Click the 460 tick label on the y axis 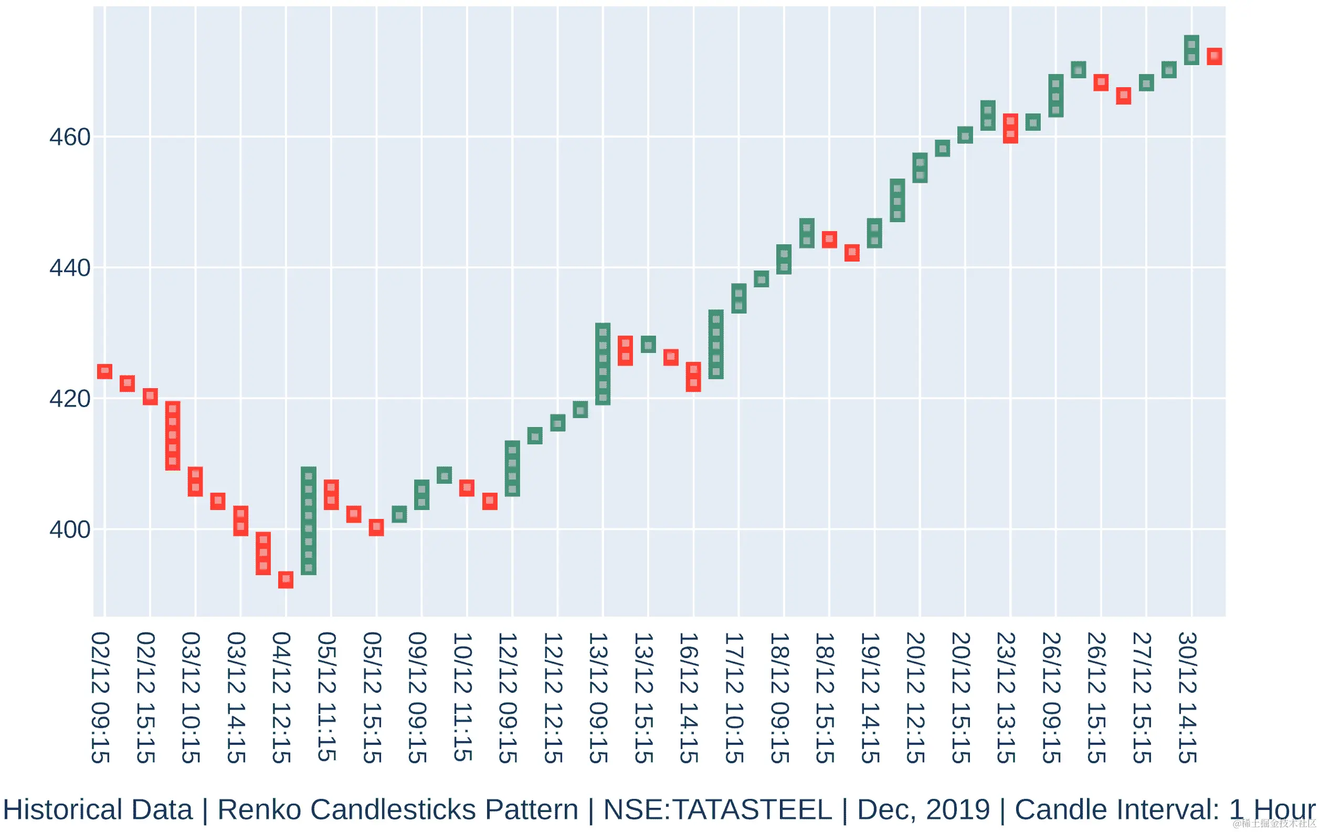[70, 137]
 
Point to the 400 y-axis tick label [70, 530]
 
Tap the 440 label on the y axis [70, 268]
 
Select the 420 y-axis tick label [70, 399]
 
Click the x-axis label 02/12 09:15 [100, 698]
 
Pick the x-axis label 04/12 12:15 [281, 698]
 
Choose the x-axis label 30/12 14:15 [1187, 698]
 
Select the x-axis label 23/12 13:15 [1007, 698]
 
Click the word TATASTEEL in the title [752, 809]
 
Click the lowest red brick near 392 [286, 580]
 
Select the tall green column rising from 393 [309, 521]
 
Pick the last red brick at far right [1214, 57]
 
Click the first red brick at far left [104, 371]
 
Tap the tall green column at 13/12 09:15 [603, 363]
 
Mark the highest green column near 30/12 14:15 [1192, 50]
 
